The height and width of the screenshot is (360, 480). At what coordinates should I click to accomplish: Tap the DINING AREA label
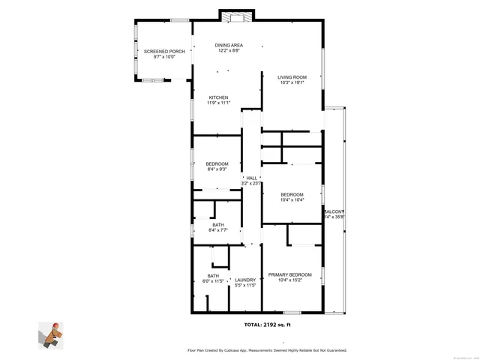click(x=229, y=45)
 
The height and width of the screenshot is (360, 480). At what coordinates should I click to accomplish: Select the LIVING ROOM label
click(x=292, y=76)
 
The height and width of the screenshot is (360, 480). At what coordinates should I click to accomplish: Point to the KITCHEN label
click(x=218, y=97)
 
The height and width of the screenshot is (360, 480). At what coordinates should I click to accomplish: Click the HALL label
click(x=251, y=178)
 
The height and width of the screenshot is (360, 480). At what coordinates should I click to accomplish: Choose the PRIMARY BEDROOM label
click(x=290, y=275)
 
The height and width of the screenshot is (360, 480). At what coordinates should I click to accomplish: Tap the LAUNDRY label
click(x=246, y=280)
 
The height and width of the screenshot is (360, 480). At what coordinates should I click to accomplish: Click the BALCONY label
click(x=334, y=211)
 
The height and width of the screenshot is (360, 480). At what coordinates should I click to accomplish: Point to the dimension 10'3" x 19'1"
click(x=292, y=82)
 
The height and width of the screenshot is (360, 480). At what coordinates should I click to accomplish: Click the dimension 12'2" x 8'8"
click(x=229, y=51)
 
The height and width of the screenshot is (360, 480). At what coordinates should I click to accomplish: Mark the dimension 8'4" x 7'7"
click(x=217, y=230)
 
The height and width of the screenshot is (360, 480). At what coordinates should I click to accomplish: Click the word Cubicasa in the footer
click(x=239, y=350)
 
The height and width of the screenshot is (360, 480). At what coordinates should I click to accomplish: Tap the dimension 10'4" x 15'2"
click(x=290, y=281)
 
